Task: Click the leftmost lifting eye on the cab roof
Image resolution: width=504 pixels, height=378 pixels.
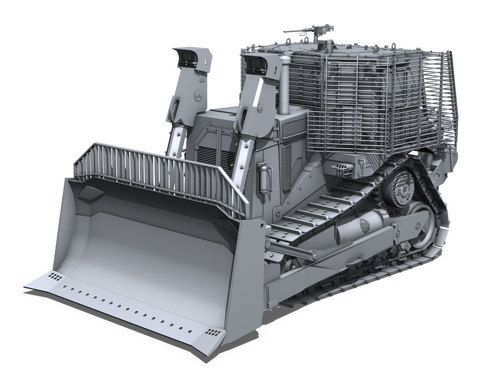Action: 288,42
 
